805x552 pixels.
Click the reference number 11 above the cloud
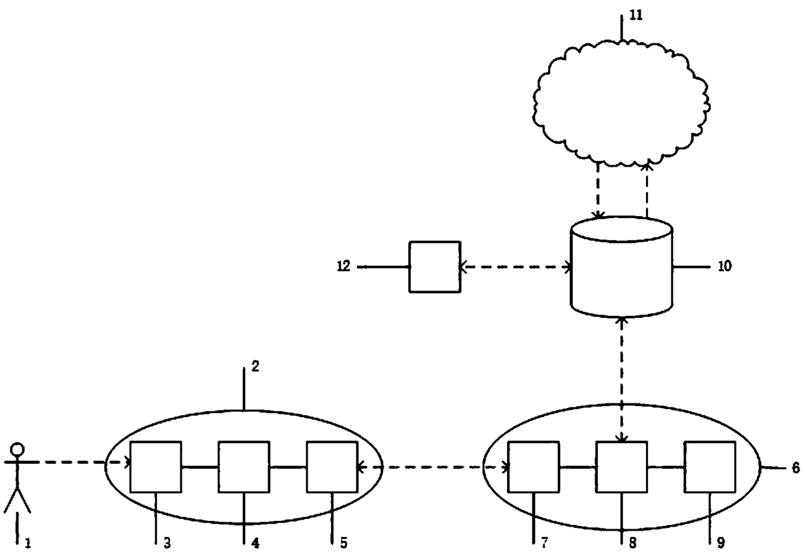(x=636, y=16)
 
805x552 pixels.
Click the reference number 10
(x=724, y=266)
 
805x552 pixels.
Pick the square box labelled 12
(x=434, y=267)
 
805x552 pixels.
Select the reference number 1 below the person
(x=27, y=541)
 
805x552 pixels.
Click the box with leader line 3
(x=156, y=466)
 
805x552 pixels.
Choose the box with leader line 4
(x=243, y=466)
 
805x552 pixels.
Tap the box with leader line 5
(x=332, y=466)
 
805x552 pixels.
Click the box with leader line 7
(x=534, y=466)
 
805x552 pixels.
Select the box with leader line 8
(x=622, y=466)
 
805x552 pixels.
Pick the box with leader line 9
(x=710, y=466)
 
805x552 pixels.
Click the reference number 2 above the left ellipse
(x=255, y=366)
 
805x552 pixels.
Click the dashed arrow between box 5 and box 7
(x=433, y=466)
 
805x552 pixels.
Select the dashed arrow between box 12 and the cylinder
(x=515, y=267)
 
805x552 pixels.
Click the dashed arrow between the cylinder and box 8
(x=622, y=379)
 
